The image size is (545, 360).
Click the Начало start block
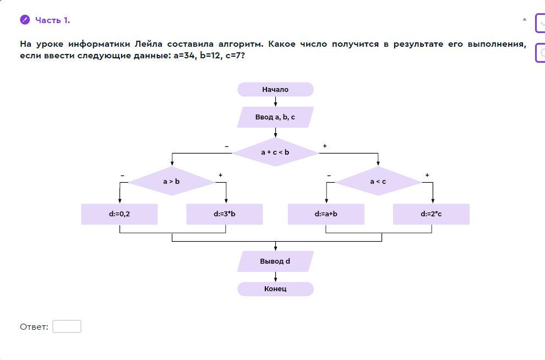click(x=275, y=89)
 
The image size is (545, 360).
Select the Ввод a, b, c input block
click(x=275, y=117)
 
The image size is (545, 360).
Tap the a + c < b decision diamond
click(x=275, y=152)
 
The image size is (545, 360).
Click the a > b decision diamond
click(x=171, y=181)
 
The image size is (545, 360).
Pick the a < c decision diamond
click(x=378, y=181)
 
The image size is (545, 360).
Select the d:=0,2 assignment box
click(x=119, y=214)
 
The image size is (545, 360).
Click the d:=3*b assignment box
click(x=225, y=214)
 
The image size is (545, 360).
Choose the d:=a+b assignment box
click(x=326, y=214)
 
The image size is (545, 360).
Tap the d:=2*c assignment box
click(x=431, y=214)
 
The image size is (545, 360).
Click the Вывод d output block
click(x=275, y=261)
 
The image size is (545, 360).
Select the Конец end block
click(x=275, y=289)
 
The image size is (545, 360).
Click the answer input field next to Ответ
click(x=67, y=326)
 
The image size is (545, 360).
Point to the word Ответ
click(x=34, y=327)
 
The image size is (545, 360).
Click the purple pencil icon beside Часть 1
click(x=25, y=20)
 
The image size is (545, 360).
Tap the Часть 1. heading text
click(x=53, y=20)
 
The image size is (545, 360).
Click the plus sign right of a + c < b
click(x=325, y=146)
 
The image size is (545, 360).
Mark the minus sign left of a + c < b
click(x=227, y=146)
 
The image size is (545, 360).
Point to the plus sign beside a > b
click(x=220, y=175)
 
